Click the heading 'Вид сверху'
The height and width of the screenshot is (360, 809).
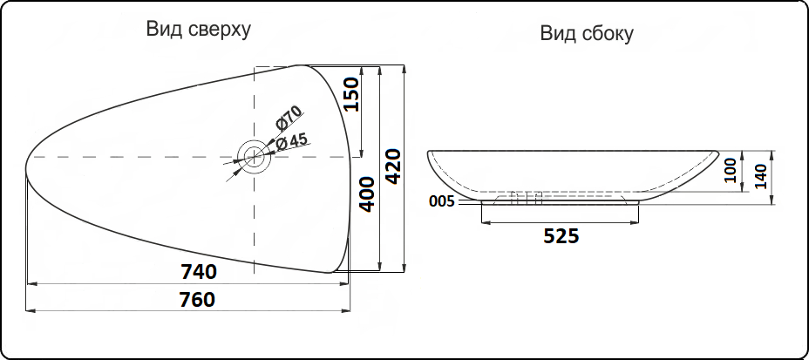(198, 30)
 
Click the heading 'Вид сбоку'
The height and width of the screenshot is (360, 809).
(586, 34)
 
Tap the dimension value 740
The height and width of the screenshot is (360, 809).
(199, 271)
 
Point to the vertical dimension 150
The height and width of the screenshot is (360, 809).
(351, 94)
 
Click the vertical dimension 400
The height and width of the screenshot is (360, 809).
(367, 194)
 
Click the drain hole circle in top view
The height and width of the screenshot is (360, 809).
(255, 157)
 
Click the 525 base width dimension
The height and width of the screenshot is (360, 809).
(561, 236)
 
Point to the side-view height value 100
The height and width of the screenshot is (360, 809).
(731, 170)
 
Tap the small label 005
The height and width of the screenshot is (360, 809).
(442, 201)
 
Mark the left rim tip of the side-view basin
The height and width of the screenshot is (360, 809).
(429, 153)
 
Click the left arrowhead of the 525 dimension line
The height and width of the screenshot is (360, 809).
(484, 222)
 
